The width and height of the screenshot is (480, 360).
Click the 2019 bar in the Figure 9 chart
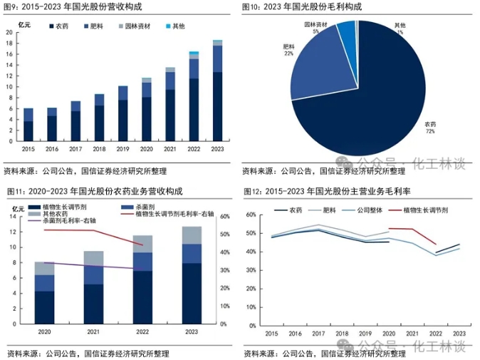click(x=122, y=113)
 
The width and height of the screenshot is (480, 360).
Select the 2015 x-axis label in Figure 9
click(x=28, y=149)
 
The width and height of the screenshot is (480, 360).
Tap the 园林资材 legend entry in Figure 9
click(x=135, y=26)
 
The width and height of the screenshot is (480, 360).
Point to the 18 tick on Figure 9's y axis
click(x=9, y=43)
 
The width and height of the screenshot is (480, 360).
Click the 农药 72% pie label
click(x=430, y=128)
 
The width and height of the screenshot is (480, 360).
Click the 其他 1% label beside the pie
click(x=400, y=29)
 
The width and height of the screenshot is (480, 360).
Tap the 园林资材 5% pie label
click(x=315, y=28)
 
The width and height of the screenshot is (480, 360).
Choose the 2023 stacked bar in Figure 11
click(x=192, y=275)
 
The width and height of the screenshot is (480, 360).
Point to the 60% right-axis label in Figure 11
click(x=225, y=217)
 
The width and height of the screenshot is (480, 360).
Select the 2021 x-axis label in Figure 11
click(x=93, y=331)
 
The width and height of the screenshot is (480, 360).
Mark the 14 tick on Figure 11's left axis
click(x=13, y=217)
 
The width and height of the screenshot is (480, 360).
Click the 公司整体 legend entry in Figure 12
click(x=362, y=210)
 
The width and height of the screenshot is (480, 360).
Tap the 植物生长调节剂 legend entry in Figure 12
click(x=419, y=210)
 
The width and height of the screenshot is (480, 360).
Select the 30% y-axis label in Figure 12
click(x=251, y=271)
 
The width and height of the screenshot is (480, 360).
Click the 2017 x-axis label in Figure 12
click(x=318, y=334)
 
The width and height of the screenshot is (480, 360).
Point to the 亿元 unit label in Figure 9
click(x=24, y=25)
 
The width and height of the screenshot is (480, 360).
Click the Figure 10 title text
click(x=302, y=6)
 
